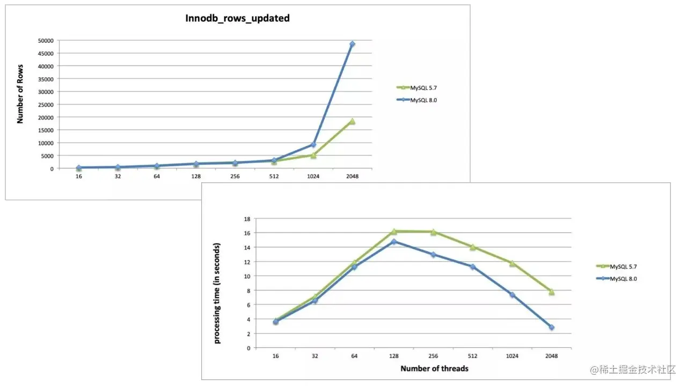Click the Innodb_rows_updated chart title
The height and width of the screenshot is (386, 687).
tap(237, 18)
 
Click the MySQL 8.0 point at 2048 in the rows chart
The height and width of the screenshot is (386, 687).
tap(352, 44)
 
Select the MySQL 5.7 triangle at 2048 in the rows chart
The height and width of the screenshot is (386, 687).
tap(352, 121)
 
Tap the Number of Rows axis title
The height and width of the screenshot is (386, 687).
tap(20, 104)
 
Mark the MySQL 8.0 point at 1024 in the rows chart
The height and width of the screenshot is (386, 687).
tap(313, 145)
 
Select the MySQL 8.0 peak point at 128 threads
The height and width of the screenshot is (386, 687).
tap(393, 242)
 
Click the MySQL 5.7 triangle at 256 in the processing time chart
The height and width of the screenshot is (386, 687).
tap(433, 232)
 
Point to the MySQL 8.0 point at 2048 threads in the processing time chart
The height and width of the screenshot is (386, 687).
tap(551, 327)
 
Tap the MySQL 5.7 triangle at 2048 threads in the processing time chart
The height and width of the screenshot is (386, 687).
tap(551, 292)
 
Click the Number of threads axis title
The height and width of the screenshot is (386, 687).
tap(434, 368)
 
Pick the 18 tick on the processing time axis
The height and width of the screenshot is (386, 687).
tap(247, 219)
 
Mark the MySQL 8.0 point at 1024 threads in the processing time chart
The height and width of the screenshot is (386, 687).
tap(512, 295)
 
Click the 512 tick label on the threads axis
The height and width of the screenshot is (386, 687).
tap(472, 355)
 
